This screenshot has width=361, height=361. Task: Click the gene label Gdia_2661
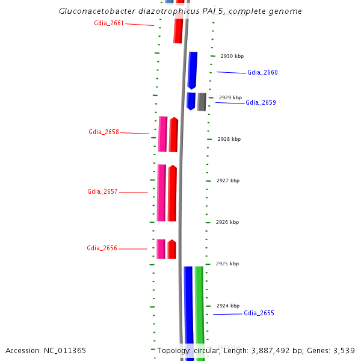pyautogui.click(x=109, y=23)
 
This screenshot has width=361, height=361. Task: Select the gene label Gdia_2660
pyautogui.click(x=262, y=73)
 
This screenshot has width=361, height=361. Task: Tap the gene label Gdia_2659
pyautogui.click(x=261, y=103)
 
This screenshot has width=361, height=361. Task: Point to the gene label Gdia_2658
pyautogui.click(x=103, y=132)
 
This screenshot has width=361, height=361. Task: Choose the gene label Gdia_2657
pyautogui.click(x=102, y=192)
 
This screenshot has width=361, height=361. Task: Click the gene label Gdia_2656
pyautogui.click(x=102, y=248)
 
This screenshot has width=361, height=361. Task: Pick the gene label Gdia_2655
pyautogui.click(x=259, y=313)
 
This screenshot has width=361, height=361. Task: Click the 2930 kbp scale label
pyautogui.click(x=232, y=56)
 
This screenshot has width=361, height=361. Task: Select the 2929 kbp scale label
pyautogui.click(x=230, y=97)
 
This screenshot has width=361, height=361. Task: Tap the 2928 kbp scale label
pyautogui.click(x=229, y=139)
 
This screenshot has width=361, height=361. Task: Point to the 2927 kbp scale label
pyautogui.click(x=228, y=180)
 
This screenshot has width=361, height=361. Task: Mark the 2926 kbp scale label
pyautogui.click(x=227, y=222)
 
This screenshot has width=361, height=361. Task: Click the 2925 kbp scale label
pyautogui.click(x=227, y=264)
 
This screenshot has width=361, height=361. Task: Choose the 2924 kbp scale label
pyautogui.click(x=227, y=306)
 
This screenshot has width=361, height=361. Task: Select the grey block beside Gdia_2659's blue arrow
pyautogui.click(x=202, y=102)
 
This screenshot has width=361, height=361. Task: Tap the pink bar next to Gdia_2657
pyautogui.click(x=161, y=193)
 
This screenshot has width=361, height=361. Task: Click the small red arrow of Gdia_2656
pyautogui.click(x=172, y=249)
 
